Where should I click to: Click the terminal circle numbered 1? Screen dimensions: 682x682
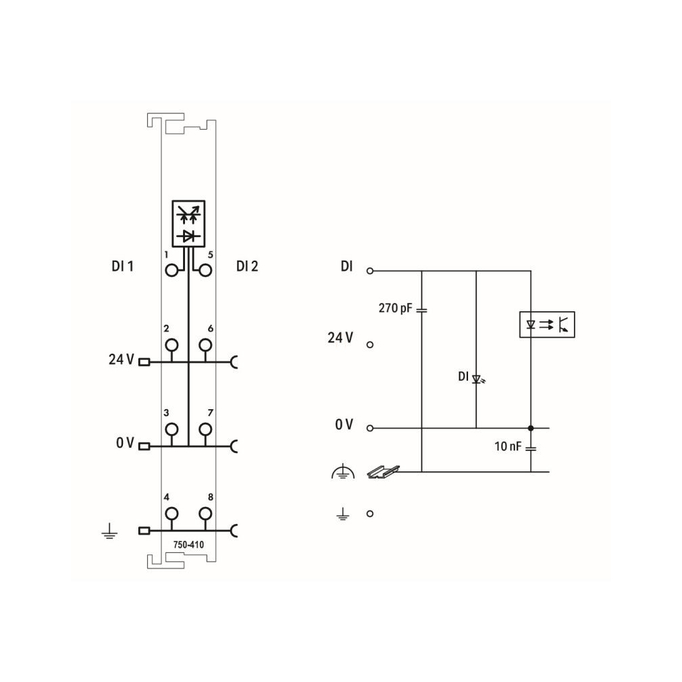pyautogui.click(x=172, y=271)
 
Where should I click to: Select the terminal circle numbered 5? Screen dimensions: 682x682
pyautogui.click(x=205, y=271)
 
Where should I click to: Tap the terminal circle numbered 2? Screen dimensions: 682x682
pyautogui.click(x=172, y=345)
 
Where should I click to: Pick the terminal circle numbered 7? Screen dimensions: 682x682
pyautogui.click(x=205, y=429)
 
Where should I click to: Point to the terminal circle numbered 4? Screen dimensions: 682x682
pyautogui.click(x=172, y=514)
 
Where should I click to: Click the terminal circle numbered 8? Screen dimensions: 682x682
pyautogui.click(x=205, y=514)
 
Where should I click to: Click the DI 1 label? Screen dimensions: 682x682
pyautogui.click(x=123, y=266)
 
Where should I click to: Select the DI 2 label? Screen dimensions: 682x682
pyautogui.click(x=247, y=266)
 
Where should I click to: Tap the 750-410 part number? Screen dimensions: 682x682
pyautogui.click(x=188, y=544)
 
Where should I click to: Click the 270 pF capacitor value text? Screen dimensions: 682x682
pyautogui.click(x=395, y=308)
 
